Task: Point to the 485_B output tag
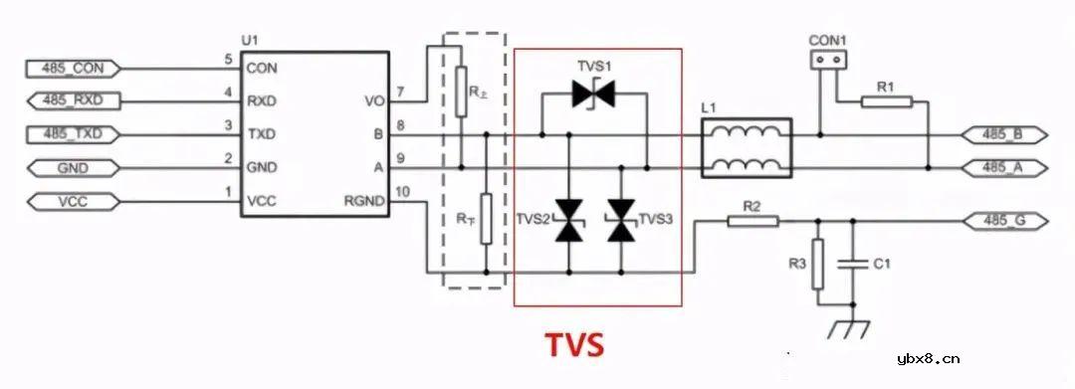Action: pos(1001,133)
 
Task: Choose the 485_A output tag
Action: pos(1001,167)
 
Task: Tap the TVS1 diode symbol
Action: pos(596,95)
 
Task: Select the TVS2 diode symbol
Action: pos(569,220)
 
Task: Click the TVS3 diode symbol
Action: pos(623,220)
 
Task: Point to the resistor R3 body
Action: pos(818,265)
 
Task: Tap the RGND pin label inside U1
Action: pos(364,201)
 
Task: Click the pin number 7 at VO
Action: pos(400,94)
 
